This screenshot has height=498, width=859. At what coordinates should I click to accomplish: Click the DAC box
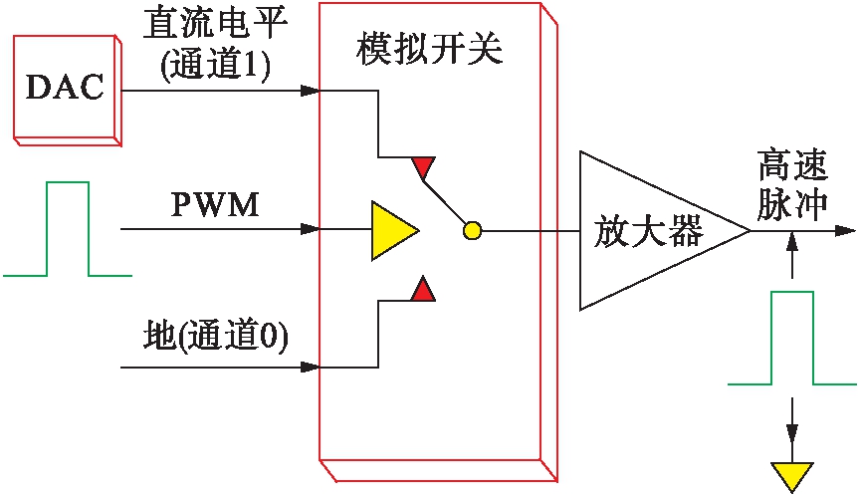tap(66, 88)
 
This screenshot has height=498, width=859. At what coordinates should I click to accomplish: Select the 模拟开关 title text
tap(430, 50)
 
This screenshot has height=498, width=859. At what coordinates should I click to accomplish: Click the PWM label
tap(214, 206)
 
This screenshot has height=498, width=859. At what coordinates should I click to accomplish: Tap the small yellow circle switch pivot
tap(472, 231)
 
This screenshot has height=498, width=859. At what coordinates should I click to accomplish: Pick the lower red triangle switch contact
tap(424, 290)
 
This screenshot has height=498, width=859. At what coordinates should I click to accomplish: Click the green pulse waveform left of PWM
tap(67, 229)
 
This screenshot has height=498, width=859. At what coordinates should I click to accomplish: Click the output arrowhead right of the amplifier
tap(845, 230)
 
